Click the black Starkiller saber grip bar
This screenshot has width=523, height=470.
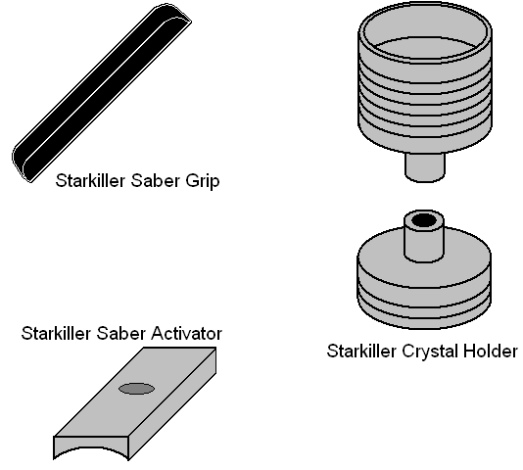[102, 93]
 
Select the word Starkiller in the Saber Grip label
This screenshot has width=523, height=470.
[90, 181]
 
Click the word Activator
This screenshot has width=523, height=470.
[186, 333]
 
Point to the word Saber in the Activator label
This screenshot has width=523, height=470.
[121, 333]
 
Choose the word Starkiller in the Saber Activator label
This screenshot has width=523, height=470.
[56, 333]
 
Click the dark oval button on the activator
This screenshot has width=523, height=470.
[137, 389]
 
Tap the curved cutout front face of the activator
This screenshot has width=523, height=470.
[91, 446]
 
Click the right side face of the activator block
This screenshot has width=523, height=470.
[172, 403]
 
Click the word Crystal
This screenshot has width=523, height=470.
[428, 352]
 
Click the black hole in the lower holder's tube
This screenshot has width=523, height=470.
[424, 220]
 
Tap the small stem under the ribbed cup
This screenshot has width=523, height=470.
[425, 167]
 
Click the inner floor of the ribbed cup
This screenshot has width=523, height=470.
[426, 47]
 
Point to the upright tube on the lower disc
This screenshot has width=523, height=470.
[424, 236]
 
